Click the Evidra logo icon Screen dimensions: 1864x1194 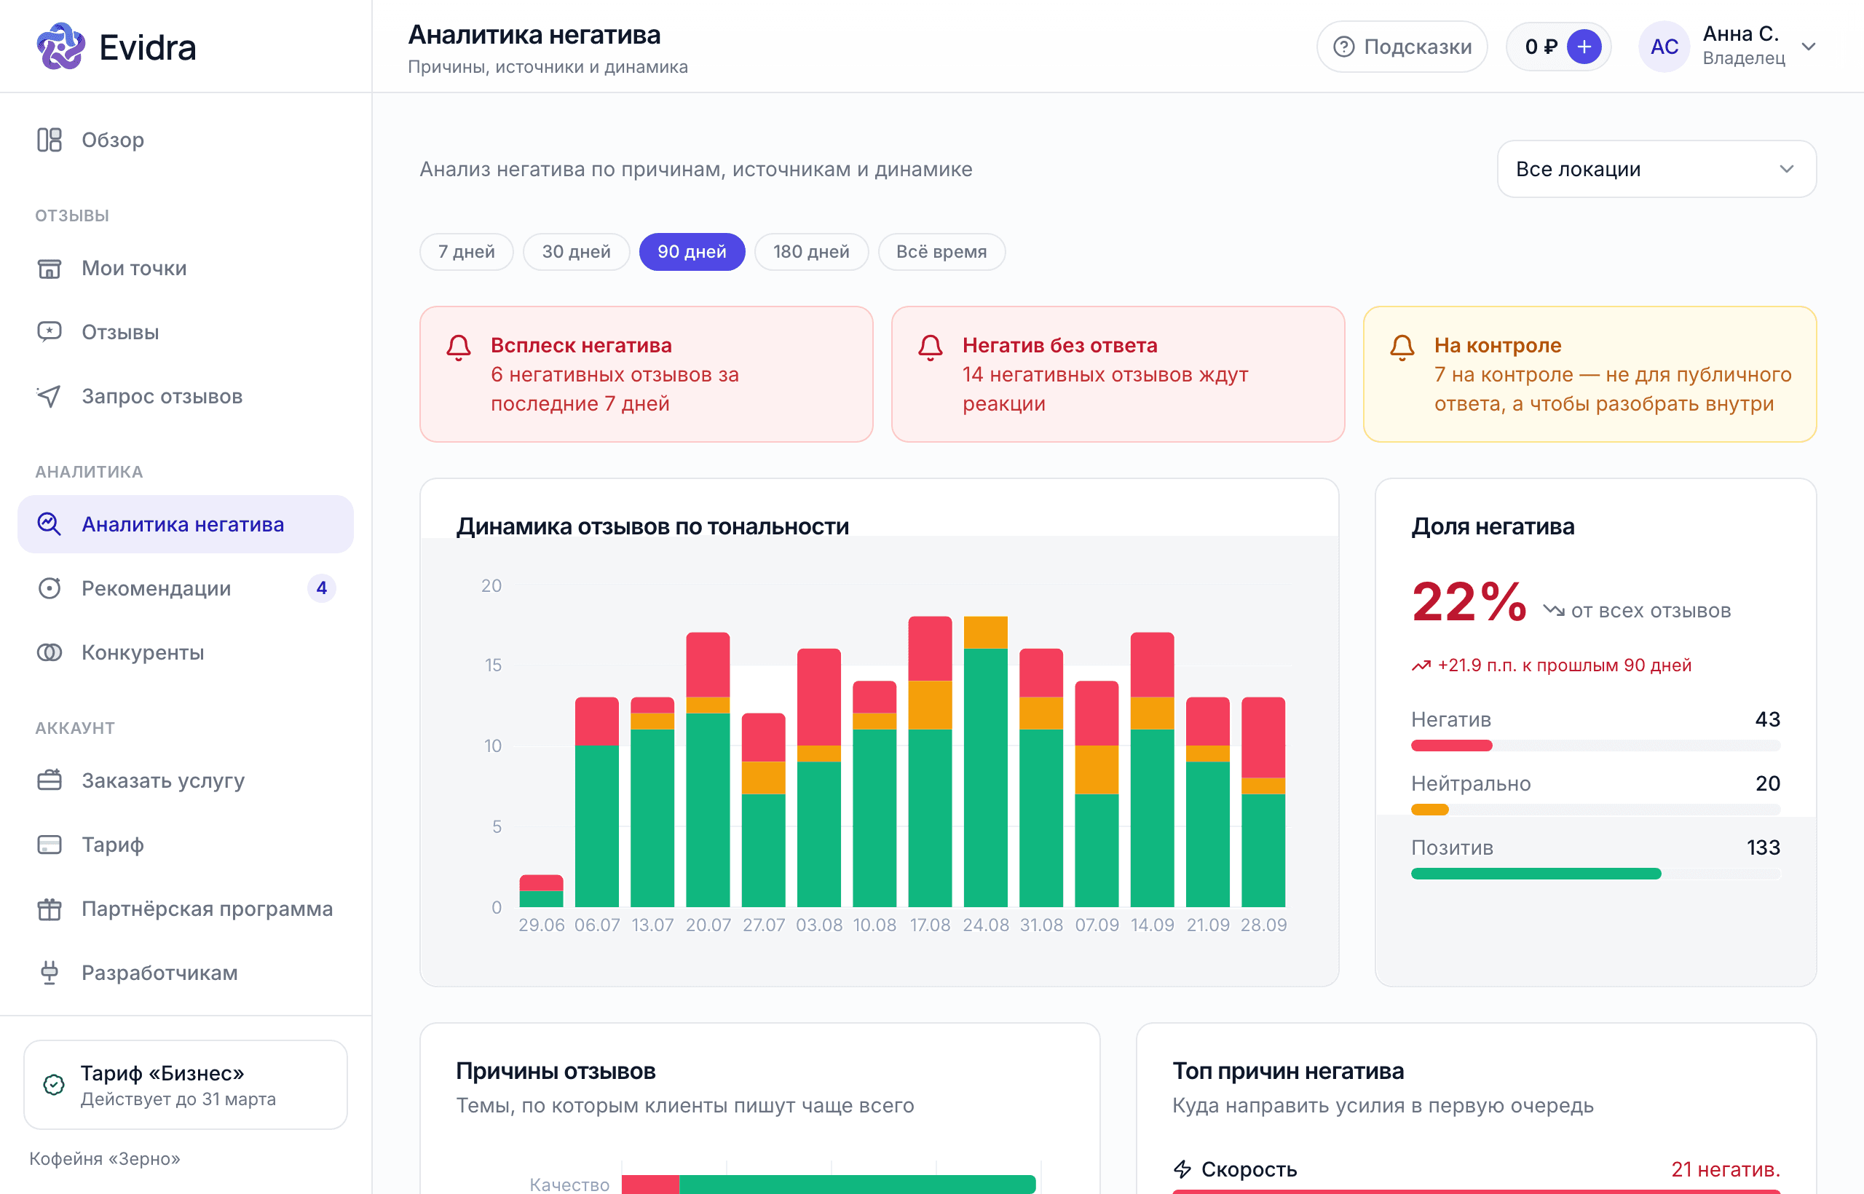pos(60,47)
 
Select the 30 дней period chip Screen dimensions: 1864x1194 pos(576,252)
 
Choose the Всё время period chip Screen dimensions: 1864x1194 pos(941,252)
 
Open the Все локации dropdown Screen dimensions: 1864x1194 pos(1656,169)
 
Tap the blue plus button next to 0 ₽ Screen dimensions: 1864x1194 pos(1584,47)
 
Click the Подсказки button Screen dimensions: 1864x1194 pos(1402,47)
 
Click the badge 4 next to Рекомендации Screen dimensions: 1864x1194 pos(322,588)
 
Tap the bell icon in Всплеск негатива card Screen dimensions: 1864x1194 pos(459,347)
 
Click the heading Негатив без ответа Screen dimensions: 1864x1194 pos(1060,345)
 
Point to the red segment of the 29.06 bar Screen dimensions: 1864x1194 pos(541,882)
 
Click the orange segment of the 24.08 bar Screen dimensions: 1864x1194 pos(985,633)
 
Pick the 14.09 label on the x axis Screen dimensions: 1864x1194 pos(1152,925)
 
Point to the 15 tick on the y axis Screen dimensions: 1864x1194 pos(493,665)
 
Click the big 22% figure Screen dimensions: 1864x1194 pos(1469,602)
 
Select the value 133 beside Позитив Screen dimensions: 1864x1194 pos(1764,847)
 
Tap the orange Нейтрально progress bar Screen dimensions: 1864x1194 pos(1430,810)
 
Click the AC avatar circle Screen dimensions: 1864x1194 pos(1664,47)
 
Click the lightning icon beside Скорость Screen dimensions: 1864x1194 pos(1182,1169)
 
